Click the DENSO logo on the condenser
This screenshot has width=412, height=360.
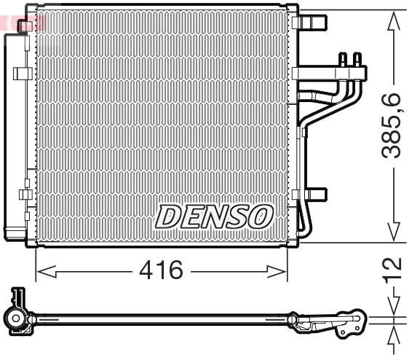(x=215, y=216)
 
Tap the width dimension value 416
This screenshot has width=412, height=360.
(x=162, y=271)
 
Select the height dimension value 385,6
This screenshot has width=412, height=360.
(x=393, y=125)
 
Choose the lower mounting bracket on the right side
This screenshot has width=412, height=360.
(x=314, y=195)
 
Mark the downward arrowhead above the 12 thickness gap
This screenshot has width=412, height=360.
(x=394, y=310)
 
